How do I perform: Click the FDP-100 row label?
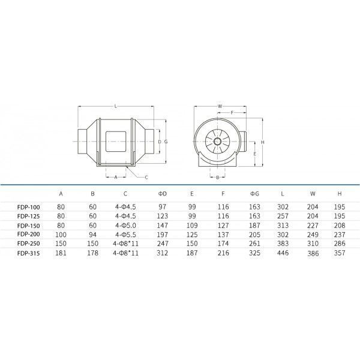pyautogui.click(x=28, y=208)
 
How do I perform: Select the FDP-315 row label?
pyautogui.click(x=28, y=253)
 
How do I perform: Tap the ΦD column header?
pyautogui.click(x=162, y=194)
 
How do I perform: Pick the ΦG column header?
pyautogui.click(x=254, y=194)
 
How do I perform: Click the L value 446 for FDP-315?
pyautogui.click(x=283, y=253)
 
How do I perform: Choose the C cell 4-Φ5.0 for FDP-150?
pyautogui.click(x=125, y=226)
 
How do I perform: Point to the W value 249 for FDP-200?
pyautogui.click(x=313, y=235)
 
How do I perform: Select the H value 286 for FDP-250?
pyautogui.click(x=340, y=244)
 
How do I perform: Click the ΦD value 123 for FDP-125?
pyautogui.click(x=163, y=216)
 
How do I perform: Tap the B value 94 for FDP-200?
pyautogui.click(x=92, y=235)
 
